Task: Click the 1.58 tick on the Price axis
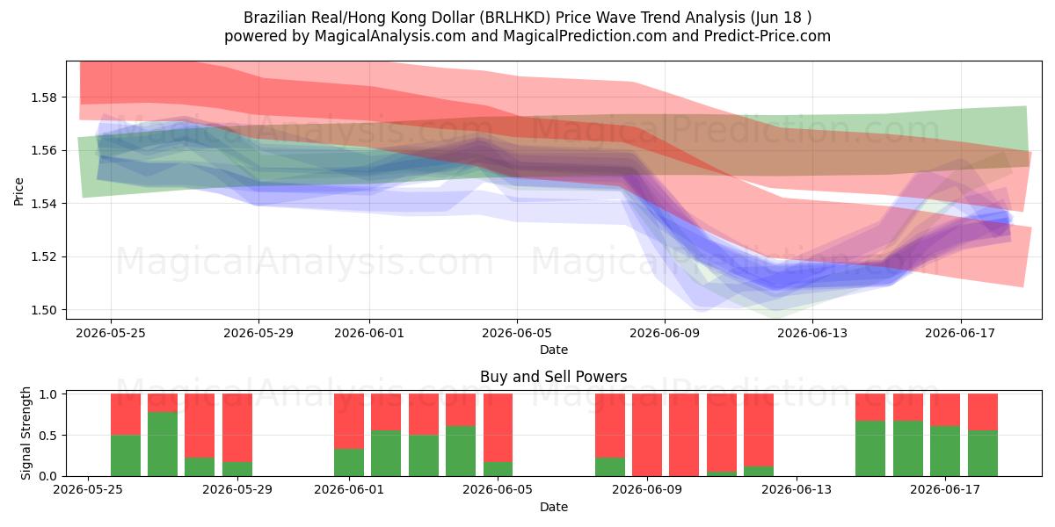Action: coord(43,97)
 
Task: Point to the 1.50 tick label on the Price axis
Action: coord(43,310)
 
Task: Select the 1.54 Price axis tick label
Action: coord(43,204)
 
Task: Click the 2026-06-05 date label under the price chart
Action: coord(517,333)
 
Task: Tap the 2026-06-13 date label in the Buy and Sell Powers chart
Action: coord(797,489)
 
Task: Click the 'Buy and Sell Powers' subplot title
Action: coord(553,377)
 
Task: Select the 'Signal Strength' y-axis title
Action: coord(25,433)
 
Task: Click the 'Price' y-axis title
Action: coord(18,191)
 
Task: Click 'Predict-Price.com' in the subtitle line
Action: coord(768,36)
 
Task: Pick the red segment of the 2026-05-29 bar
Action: coord(237,428)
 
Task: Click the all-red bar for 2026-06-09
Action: coord(647,435)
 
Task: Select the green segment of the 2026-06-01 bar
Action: coord(349,463)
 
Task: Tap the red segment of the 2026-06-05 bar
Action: coord(498,428)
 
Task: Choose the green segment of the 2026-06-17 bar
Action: coord(945,451)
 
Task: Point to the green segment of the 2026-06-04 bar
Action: coord(461,451)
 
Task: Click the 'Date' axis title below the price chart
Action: coord(553,350)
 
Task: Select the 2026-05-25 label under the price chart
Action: coord(111,333)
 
